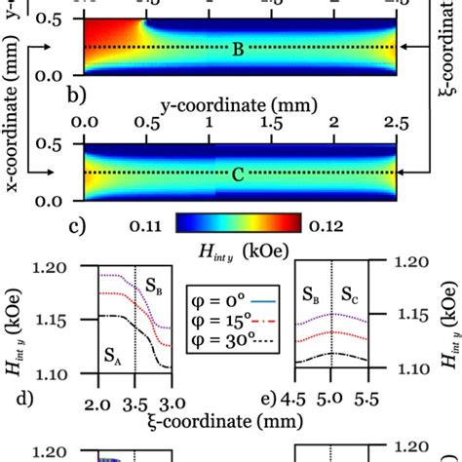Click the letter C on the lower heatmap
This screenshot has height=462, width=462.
(x=238, y=177)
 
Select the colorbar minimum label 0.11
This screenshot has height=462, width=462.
(x=148, y=225)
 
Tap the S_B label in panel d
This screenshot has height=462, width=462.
(x=155, y=287)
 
